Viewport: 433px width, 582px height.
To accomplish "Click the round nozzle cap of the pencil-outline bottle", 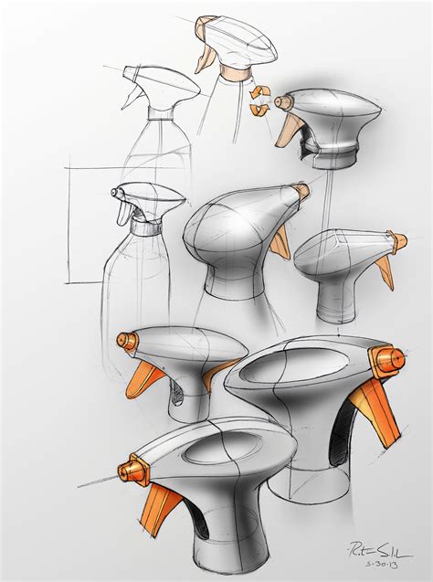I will [115, 193].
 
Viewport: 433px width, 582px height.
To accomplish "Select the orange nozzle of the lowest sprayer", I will [133, 471].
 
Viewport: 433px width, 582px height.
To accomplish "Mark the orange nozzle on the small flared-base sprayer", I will [397, 240].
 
